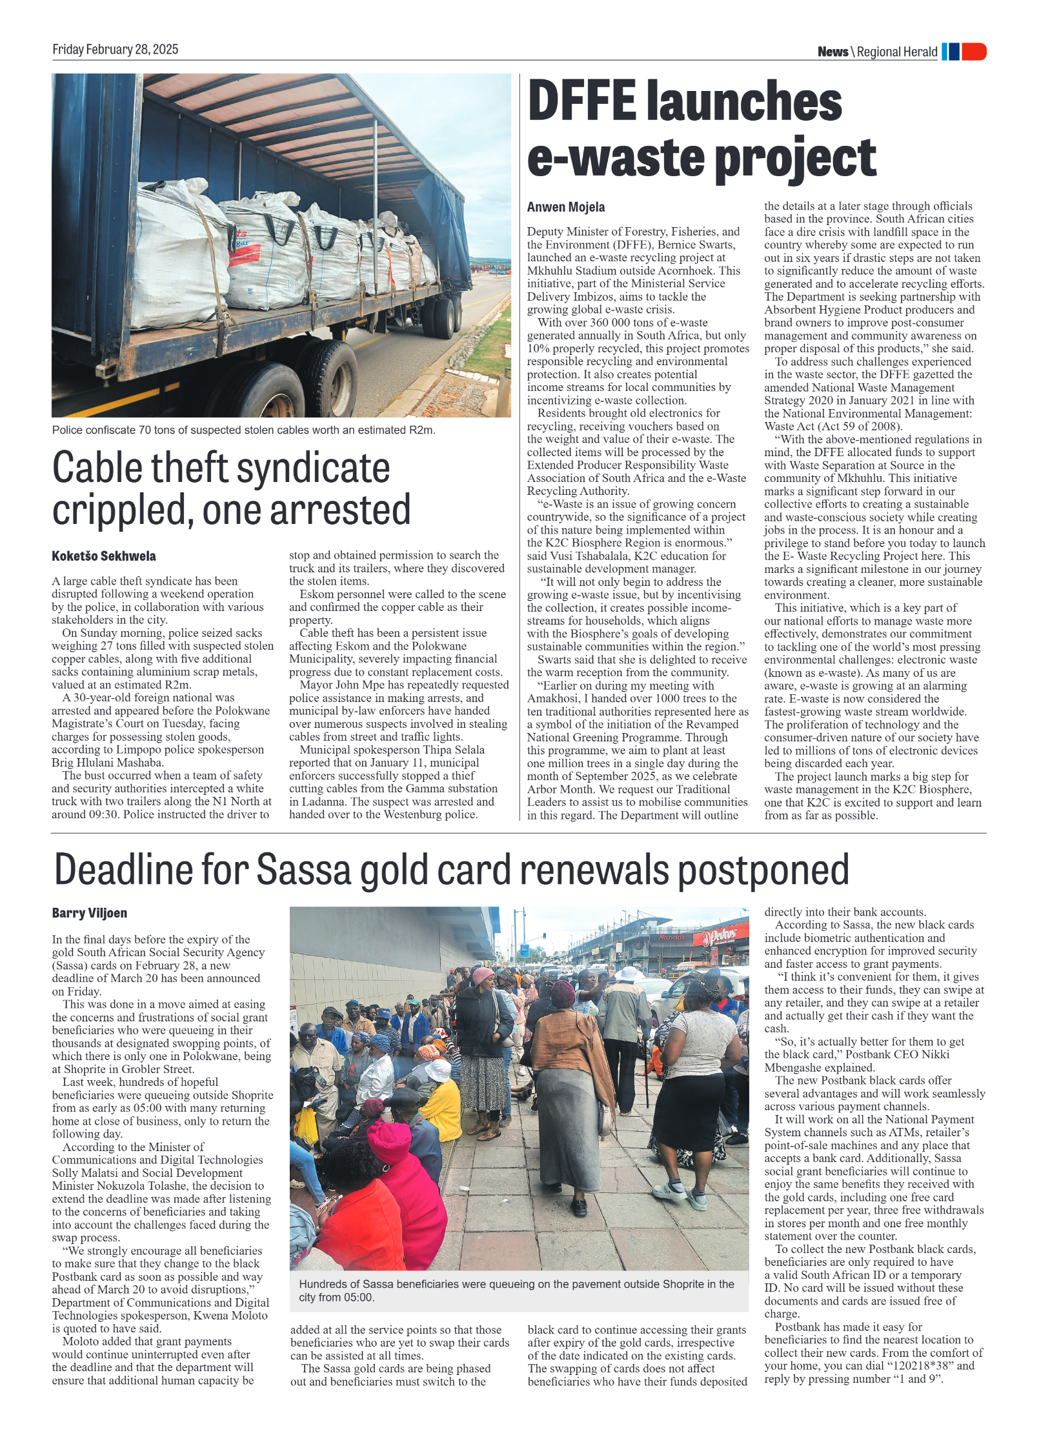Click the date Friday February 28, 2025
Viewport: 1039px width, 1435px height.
click(x=115, y=50)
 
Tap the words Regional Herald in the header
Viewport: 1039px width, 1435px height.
click(x=897, y=52)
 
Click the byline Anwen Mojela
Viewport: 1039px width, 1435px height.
click(x=565, y=207)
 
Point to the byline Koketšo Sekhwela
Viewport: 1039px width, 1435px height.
click(x=103, y=556)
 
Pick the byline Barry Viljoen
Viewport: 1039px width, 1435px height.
click(x=89, y=913)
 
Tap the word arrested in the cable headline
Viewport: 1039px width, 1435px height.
click(x=339, y=510)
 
